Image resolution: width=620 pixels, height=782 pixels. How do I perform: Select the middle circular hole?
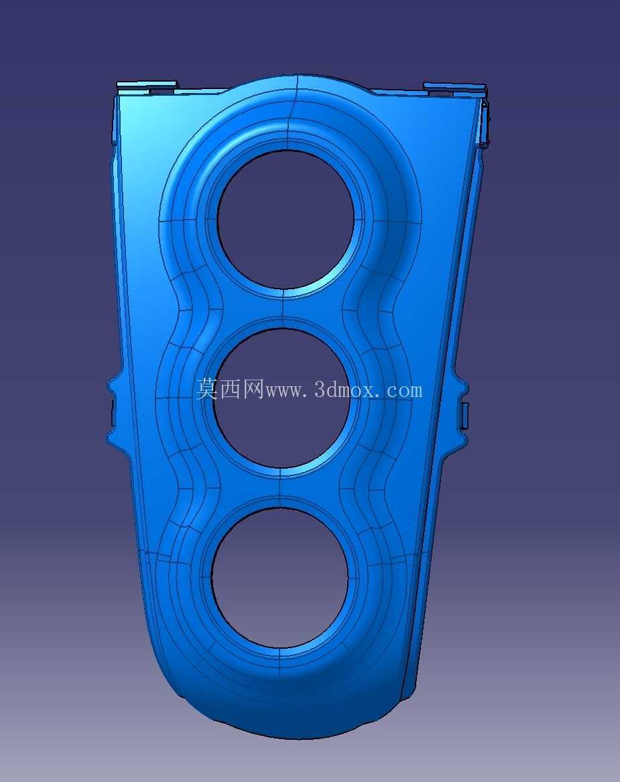281,398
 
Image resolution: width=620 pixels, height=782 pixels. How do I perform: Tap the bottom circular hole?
280,578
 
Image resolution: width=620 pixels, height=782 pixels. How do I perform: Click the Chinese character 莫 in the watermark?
206,389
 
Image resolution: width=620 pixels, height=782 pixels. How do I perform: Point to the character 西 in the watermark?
230,389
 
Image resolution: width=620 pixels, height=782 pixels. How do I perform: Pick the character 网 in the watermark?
253,389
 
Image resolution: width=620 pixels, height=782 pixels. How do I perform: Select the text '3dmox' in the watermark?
343,390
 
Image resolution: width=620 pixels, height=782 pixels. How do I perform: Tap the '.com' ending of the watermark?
399,390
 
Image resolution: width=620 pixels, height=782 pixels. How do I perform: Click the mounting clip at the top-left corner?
147,88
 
